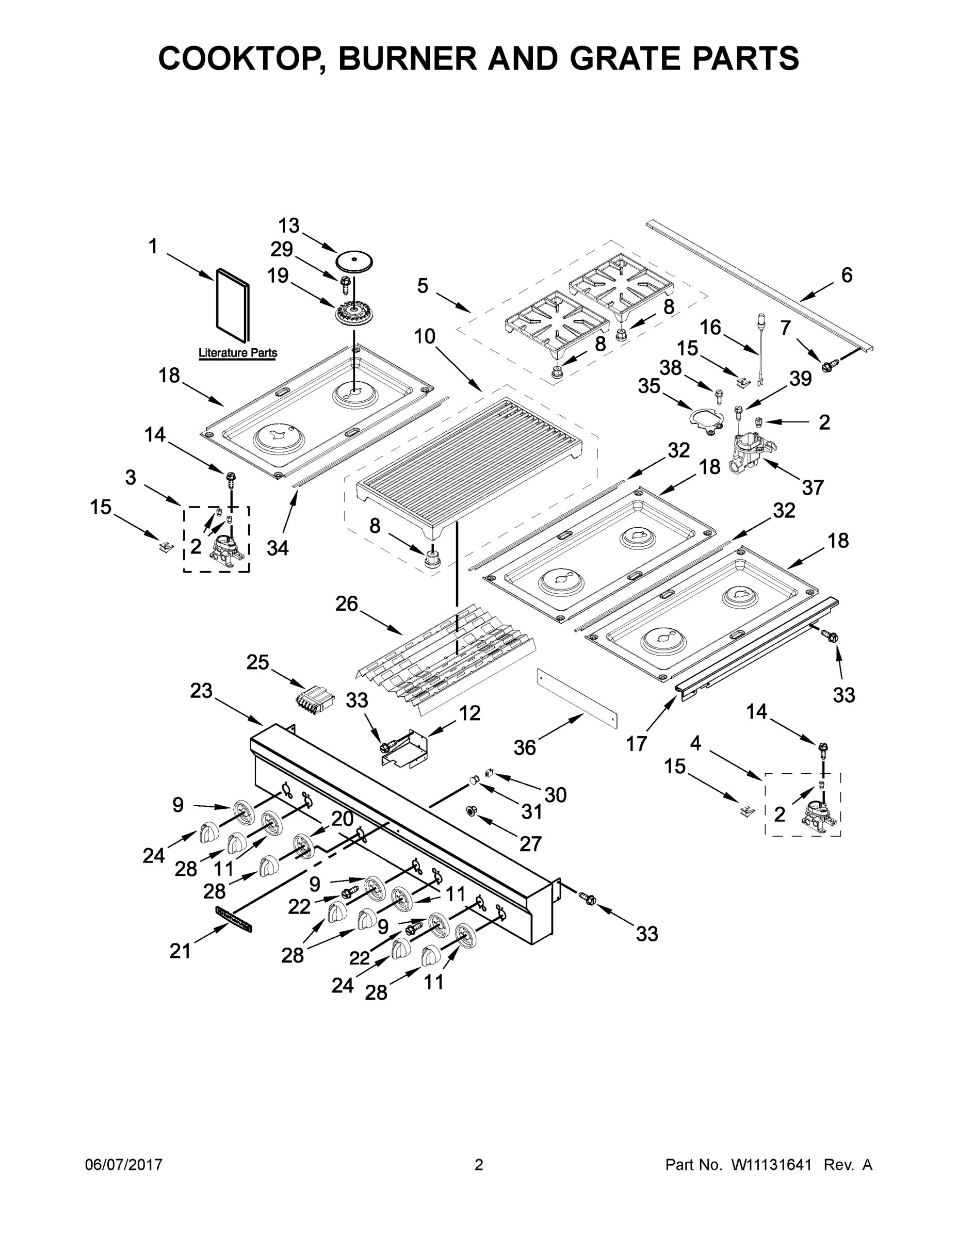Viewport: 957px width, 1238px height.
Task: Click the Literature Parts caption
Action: [x=237, y=353]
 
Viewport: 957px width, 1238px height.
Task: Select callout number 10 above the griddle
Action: [x=424, y=336]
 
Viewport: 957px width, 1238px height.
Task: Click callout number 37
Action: [x=813, y=487]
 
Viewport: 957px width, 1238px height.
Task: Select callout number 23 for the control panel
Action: [x=201, y=691]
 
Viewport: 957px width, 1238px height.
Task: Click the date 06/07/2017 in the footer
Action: [x=124, y=1165]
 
